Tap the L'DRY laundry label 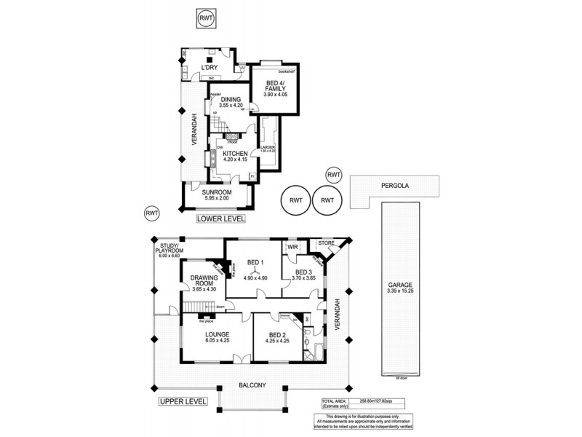pos(211,68)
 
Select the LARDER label pos(268,148)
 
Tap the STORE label pos(325,244)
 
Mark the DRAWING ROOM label pos(204,282)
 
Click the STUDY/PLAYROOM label pos(172,248)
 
